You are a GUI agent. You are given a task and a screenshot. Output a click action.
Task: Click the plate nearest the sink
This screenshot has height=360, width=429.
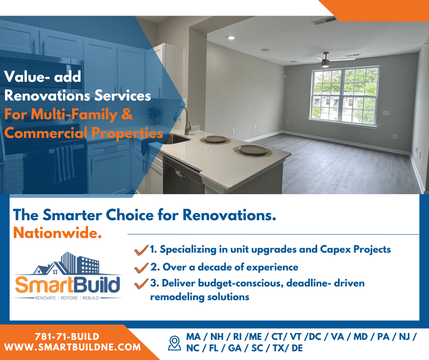(215, 139)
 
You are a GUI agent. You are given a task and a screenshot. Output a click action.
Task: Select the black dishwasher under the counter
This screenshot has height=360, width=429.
(183, 175)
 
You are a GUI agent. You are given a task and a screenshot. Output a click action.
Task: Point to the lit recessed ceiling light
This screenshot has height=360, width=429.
(231, 37)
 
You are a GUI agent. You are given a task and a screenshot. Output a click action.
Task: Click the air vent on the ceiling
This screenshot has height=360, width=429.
(324, 21)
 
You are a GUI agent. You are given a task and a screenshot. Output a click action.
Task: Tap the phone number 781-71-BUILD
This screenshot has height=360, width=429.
(67, 336)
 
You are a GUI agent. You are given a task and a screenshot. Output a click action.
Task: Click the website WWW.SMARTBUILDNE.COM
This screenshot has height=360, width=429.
(73, 347)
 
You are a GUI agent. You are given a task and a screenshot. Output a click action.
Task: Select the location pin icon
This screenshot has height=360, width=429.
(174, 343)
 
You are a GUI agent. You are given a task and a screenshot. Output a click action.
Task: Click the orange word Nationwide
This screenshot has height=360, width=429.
(58, 233)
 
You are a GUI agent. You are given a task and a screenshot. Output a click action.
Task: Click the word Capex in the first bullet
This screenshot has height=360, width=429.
(335, 249)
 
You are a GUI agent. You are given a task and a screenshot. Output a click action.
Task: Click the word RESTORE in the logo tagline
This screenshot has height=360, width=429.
(69, 298)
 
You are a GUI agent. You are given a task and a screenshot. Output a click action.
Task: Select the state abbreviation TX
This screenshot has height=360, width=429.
(278, 348)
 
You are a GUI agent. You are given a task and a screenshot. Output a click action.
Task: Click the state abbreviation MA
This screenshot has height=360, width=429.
(194, 336)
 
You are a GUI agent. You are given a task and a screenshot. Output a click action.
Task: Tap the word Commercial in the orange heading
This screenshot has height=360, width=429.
(46, 133)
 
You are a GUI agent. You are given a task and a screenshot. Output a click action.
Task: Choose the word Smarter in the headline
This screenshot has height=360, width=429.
(72, 215)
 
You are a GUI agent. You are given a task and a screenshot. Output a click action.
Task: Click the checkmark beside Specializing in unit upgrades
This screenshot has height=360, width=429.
(141, 250)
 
